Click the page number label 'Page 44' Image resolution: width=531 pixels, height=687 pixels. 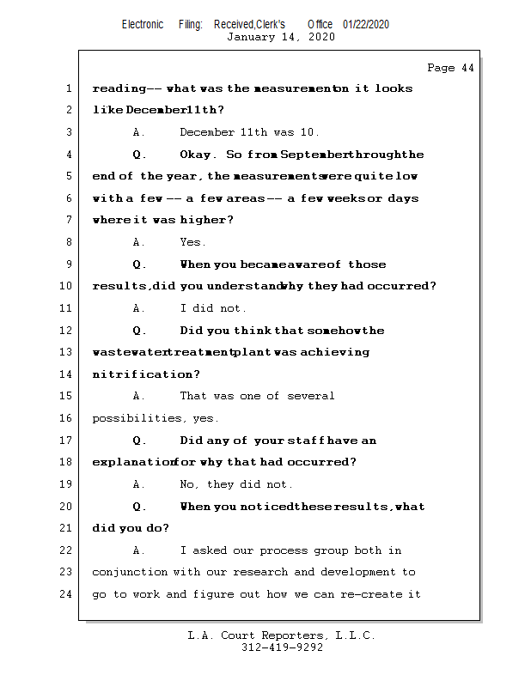(x=450, y=68)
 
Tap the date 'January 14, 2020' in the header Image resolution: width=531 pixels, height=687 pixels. (x=281, y=37)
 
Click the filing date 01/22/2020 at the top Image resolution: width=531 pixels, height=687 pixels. (x=366, y=24)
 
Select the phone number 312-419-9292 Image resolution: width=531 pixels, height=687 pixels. (x=282, y=647)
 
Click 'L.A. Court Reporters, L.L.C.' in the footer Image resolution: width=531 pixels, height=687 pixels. (x=282, y=635)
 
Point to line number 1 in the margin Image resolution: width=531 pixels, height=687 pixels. (x=68, y=88)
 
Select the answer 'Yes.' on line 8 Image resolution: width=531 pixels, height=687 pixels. (x=192, y=242)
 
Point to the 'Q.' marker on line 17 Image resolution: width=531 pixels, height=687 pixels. (x=140, y=441)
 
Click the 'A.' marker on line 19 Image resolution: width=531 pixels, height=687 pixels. (x=140, y=484)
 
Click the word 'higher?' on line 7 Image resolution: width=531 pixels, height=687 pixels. (x=206, y=220)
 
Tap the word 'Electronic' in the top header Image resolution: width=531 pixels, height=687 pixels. (x=143, y=24)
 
